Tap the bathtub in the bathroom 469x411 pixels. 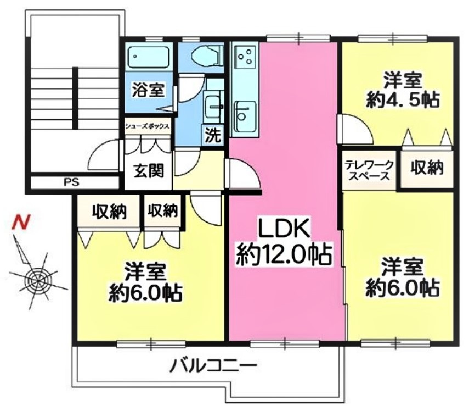(148, 57)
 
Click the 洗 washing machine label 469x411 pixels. (212, 136)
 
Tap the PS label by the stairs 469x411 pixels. (71, 182)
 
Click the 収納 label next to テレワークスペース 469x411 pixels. (427, 169)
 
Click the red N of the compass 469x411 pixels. (21, 223)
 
